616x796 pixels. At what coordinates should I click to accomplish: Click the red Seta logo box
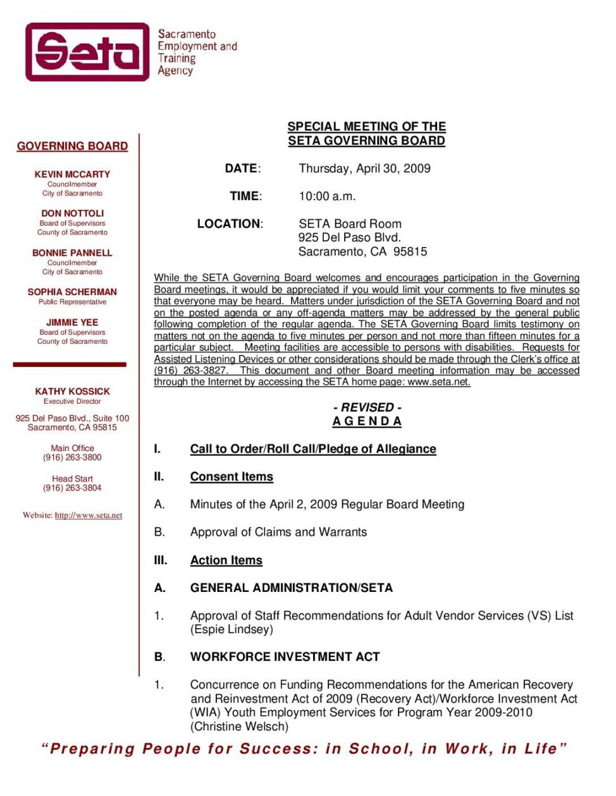point(87,52)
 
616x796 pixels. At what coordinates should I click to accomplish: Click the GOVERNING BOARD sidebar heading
point(72,146)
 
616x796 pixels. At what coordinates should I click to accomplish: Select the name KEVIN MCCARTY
point(72,174)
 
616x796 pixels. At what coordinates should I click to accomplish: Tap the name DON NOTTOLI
point(72,214)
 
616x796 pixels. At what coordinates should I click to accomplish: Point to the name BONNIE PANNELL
point(72,253)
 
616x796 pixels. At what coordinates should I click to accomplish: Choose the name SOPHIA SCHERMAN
point(72,292)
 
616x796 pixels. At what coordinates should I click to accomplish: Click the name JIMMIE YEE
point(72,322)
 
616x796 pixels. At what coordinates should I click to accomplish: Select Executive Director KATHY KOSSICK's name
point(72,392)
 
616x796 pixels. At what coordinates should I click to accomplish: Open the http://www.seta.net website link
point(89,516)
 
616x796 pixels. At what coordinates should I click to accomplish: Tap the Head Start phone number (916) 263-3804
point(72,488)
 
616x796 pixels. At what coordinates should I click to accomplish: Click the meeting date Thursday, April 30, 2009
point(364,169)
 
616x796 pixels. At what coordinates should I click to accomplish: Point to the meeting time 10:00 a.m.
point(327,196)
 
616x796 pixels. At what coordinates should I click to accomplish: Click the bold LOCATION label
point(228,224)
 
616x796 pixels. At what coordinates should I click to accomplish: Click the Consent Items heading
point(231,477)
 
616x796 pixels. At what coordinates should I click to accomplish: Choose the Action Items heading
point(226,560)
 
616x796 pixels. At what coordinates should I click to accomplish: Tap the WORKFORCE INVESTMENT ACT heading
point(285,657)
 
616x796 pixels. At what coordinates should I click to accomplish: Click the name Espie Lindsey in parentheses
point(231,630)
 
